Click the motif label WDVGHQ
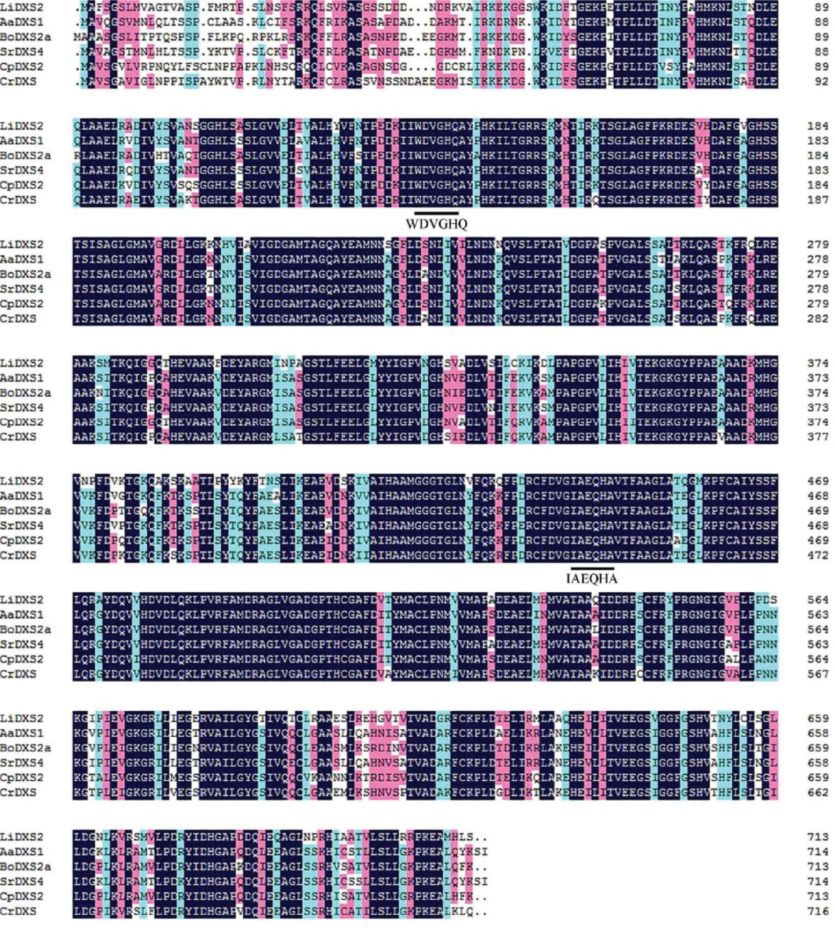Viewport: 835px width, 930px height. [436, 224]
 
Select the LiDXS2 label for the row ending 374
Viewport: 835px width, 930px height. [22, 363]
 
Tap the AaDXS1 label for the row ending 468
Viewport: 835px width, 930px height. [22, 496]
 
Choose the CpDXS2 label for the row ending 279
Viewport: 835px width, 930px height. [22, 304]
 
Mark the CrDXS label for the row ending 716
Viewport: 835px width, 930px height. [18, 911]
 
